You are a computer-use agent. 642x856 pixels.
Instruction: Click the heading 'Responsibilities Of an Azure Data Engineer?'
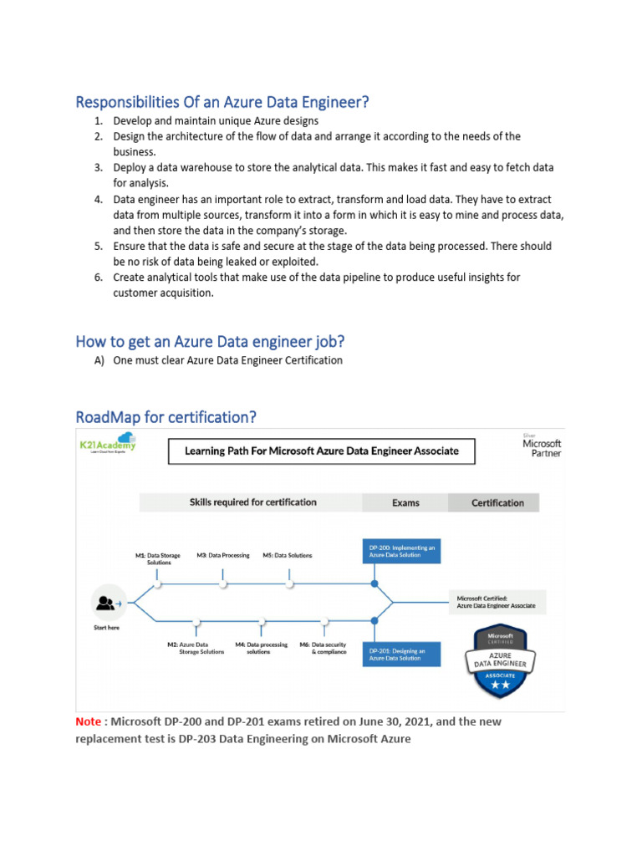click(x=222, y=102)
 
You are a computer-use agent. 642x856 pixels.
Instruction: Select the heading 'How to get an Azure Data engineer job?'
click(x=210, y=341)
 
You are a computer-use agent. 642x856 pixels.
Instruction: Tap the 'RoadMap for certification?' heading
click(x=166, y=416)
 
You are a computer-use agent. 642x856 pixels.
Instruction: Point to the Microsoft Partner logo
click(x=542, y=445)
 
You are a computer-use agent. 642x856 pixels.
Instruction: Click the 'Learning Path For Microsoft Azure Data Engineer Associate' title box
click(x=320, y=451)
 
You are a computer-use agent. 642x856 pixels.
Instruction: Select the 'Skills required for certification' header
click(x=252, y=502)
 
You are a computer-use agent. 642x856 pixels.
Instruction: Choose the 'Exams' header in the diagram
click(x=405, y=502)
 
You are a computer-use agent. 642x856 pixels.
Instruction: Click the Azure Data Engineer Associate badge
click(x=500, y=661)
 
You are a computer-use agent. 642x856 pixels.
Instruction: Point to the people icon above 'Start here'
click(x=106, y=602)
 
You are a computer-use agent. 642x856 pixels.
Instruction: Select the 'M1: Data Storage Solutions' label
click(x=157, y=558)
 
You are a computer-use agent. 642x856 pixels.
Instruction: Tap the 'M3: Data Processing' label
click(x=223, y=555)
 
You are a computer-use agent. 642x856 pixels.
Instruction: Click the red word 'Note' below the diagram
click(x=87, y=721)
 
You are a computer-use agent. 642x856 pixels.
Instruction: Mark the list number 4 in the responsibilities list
click(x=98, y=200)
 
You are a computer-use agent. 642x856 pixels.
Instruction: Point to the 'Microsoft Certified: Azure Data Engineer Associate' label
click(x=496, y=602)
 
